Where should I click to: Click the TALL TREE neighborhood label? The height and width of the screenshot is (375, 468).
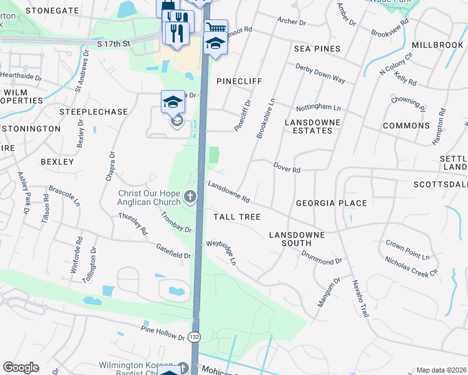pyautogui.click(x=237, y=216)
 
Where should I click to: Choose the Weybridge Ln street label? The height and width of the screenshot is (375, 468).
pyautogui.click(x=221, y=251)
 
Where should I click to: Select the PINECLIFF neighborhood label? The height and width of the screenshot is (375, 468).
pyautogui.click(x=238, y=81)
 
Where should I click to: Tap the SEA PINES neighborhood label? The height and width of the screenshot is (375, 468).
pyautogui.click(x=317, y=49)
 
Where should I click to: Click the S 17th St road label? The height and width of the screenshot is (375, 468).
pyautogui.click(x=113, y=44)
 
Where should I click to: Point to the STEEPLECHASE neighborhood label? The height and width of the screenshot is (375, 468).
pyautogui.click(x=93, y=112)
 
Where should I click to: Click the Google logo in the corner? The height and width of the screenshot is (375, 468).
pyautogui.click(x=21, y=367)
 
